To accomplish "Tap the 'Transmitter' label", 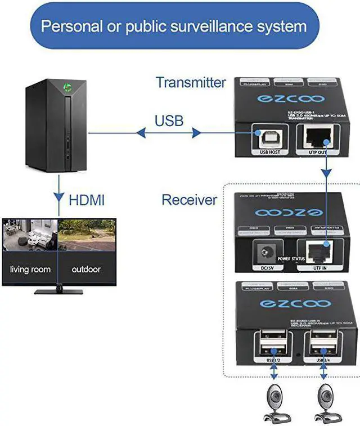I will (191, 82).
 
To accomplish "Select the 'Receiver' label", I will (189, 200).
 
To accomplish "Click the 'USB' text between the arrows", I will (169, 121).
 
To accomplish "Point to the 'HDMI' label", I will (87, 200).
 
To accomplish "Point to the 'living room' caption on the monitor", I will (30, 270).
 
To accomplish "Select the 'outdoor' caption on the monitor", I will (86, 270).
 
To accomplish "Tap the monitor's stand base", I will (58, 291).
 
